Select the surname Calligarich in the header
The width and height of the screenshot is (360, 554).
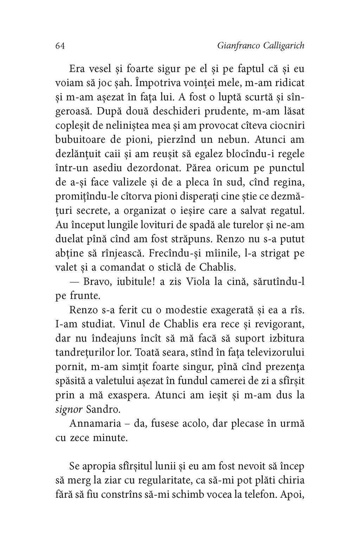(x=284, y=46)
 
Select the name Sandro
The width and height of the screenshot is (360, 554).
(x=97, y=409)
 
